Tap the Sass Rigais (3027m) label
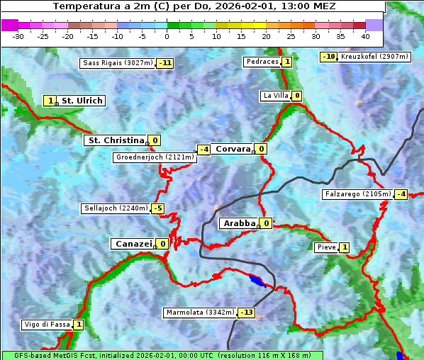coord(117,63)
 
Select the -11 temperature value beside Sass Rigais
coord(165,63)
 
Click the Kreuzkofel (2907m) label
coord(374,57)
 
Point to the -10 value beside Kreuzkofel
coord(328,57)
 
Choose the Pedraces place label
coord(262,62)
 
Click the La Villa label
coord(275,96)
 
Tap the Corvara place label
coord(233,149)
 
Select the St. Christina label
coord(115,140)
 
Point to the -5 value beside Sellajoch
coord(157,208)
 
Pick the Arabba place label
coord(238,223)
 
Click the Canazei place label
coord(133,244)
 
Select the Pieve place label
coord(326,247)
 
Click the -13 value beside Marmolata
coord(246,313)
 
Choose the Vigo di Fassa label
coord(48,325)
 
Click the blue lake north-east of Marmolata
coord(258,281)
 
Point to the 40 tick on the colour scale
coord(365,35)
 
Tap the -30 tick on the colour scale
coord(18,35)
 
